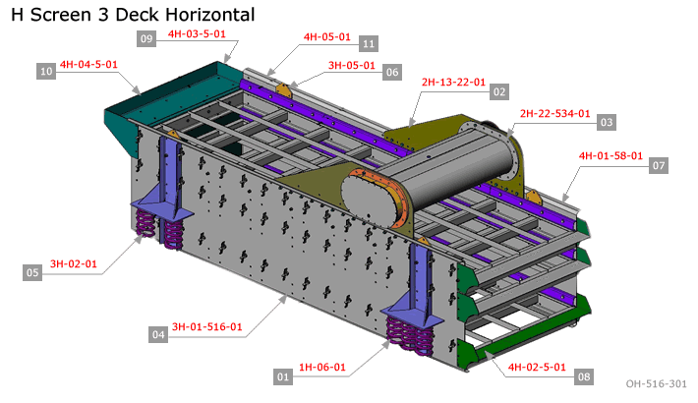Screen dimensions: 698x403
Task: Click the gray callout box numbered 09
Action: (x=146, y=38)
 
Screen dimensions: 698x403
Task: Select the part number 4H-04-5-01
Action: (x=88, y=65)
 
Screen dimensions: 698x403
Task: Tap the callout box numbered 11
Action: (x=369, y=43)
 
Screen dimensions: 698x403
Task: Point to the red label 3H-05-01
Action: (x=352, y=66)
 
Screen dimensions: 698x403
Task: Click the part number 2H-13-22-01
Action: (x=453, y=83)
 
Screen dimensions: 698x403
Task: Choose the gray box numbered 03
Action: (x=607, y=122)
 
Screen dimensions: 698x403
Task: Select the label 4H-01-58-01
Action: (x=611, y=156)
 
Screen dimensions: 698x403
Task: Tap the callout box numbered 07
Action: (x=659, y=166)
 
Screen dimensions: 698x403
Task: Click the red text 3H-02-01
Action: (x=74, y=264)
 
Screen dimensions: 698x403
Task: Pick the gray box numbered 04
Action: (x=158, y=334)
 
